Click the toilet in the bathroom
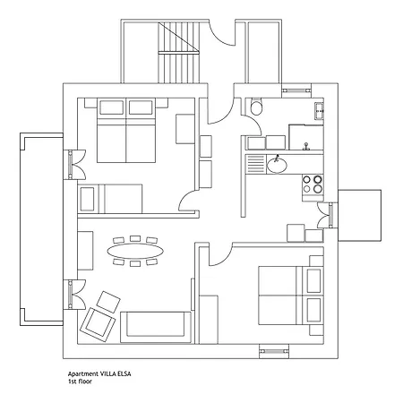[x=256, y=107]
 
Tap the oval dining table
[x=135, y=251]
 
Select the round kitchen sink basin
[x=277, y=165]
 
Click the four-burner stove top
[x=313, y=184]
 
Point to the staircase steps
[x=178, y=52]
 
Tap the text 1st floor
[x=80, y=382]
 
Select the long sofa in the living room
[x=156, y=327]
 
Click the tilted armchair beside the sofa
[x=98, y=325]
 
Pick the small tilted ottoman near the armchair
[x=108, y=302]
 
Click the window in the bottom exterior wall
[x=274, y=351]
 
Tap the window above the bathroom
[x=296, y=90]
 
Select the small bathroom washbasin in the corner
[x=319, y=111]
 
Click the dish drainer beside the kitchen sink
[x=255, y=164]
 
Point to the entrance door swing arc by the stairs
[x=221, y=33]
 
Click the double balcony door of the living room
[x=74, y=295]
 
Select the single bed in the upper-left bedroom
[x=110, y=199]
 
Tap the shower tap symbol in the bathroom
[x=305, y=146]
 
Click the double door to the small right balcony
[x=327, y=215]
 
